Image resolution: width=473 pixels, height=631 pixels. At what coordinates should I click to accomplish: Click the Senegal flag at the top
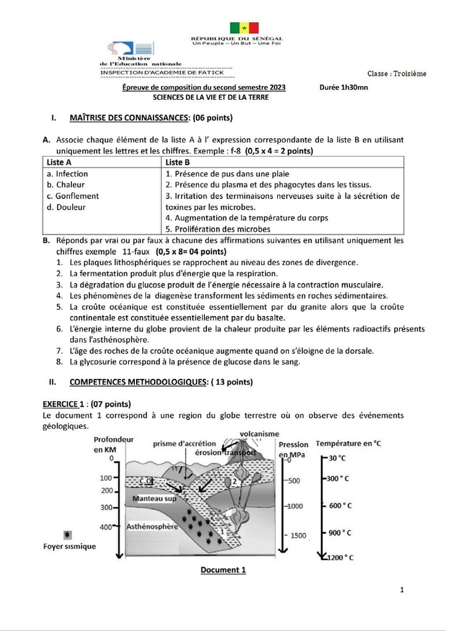(245, 28)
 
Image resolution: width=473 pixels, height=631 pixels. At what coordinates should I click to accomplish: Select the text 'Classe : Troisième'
(396, 74)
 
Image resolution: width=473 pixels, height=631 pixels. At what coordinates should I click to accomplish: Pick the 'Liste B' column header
(178, 162)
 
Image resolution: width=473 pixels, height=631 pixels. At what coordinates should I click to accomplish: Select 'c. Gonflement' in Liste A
(73, 196)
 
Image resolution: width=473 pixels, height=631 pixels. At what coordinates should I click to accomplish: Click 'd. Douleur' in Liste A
(66, 207)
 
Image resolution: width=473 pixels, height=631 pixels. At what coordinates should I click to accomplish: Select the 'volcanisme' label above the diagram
(259, 434)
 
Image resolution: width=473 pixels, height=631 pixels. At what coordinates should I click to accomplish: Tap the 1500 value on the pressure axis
(298, 535)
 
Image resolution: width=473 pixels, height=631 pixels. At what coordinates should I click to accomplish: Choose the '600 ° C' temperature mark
(340, 506)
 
